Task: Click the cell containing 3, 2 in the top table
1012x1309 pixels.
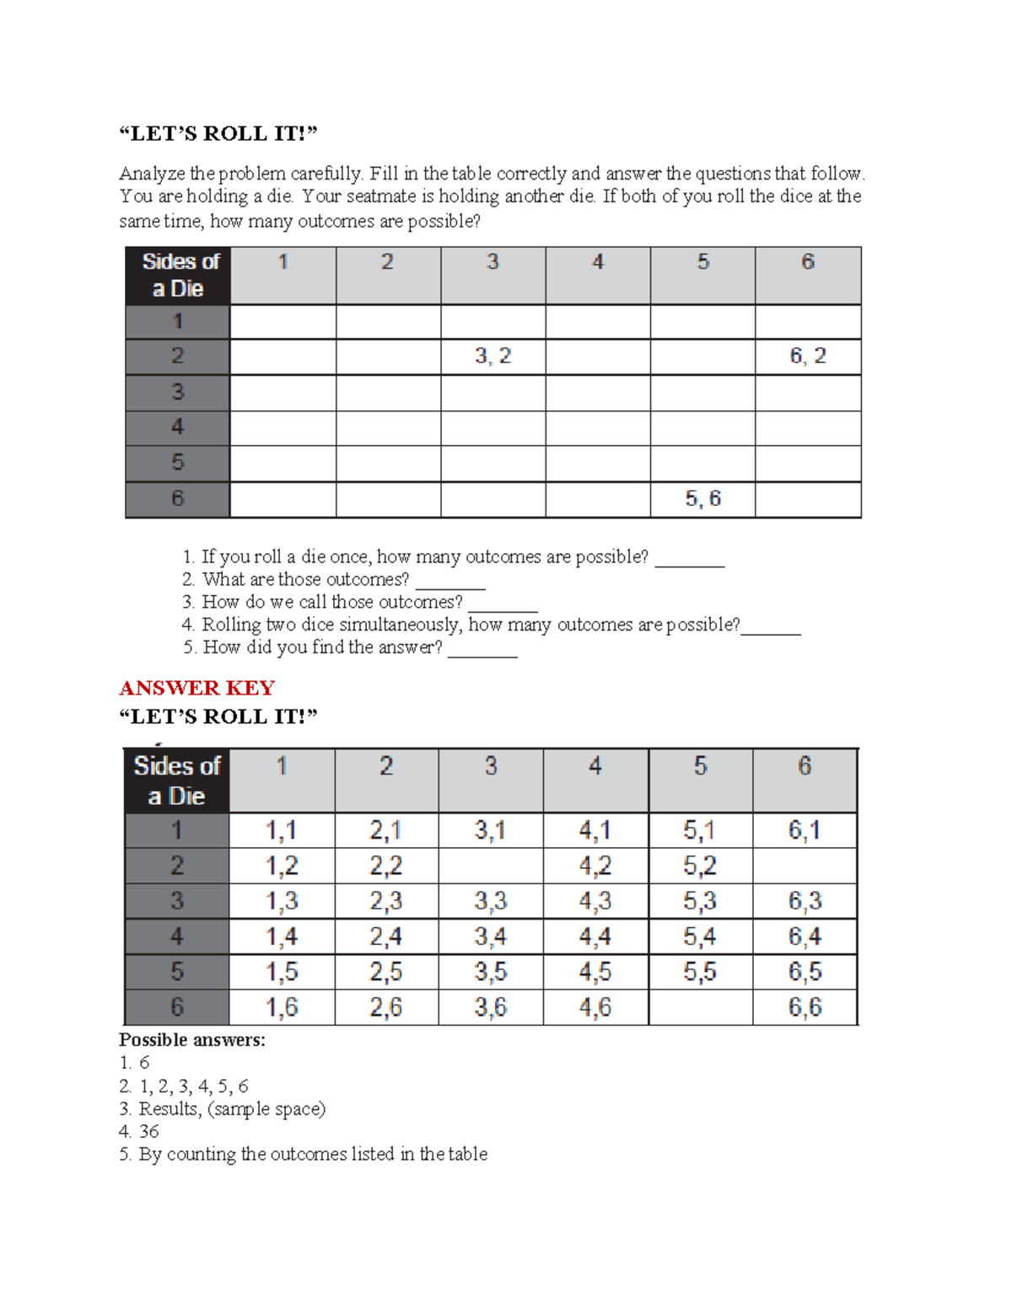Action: (x=493, y=357)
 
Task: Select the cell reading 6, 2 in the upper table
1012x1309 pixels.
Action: (x=808, y=357)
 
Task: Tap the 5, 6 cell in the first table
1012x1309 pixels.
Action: (x=702, y=499)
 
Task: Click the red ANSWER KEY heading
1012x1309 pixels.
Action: (x=197, y=688)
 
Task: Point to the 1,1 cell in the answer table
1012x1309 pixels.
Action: (x=282, y=831)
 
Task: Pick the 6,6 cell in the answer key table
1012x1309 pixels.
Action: (x=805, y=1007)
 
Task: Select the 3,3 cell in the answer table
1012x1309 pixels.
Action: (x=491, y=901)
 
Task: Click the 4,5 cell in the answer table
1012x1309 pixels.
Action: (x=595, y=972)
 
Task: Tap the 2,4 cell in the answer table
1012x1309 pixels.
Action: (x=386, y=936)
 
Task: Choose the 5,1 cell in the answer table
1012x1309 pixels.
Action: (x=700, y=831)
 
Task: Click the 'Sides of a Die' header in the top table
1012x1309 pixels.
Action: (x=178, y=276)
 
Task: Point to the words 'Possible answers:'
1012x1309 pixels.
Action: (x=192, y=1040)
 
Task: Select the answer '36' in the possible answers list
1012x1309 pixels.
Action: (x=149, y=1131)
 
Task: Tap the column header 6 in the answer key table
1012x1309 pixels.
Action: (x=805, y=766)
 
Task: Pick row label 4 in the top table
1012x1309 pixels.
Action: (x=178, y=427)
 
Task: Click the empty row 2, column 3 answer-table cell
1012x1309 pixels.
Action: (x=491, y=866)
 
